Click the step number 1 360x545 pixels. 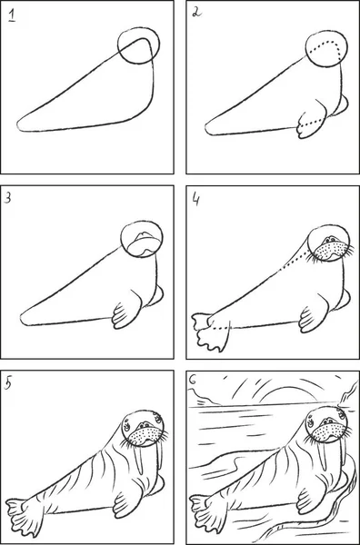pos(12,16)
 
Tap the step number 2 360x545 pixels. pos(196,13)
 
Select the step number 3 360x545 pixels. pos(7,198)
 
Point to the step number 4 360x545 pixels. pos(195,200)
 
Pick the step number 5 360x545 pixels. pos(8,383)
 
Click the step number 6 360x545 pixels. pos(193,380)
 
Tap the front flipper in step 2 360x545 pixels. pos(313,122)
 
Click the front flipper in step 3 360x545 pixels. pos(126,311)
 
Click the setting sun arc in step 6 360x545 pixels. pos(286,389)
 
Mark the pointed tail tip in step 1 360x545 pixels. pos(18,126)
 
